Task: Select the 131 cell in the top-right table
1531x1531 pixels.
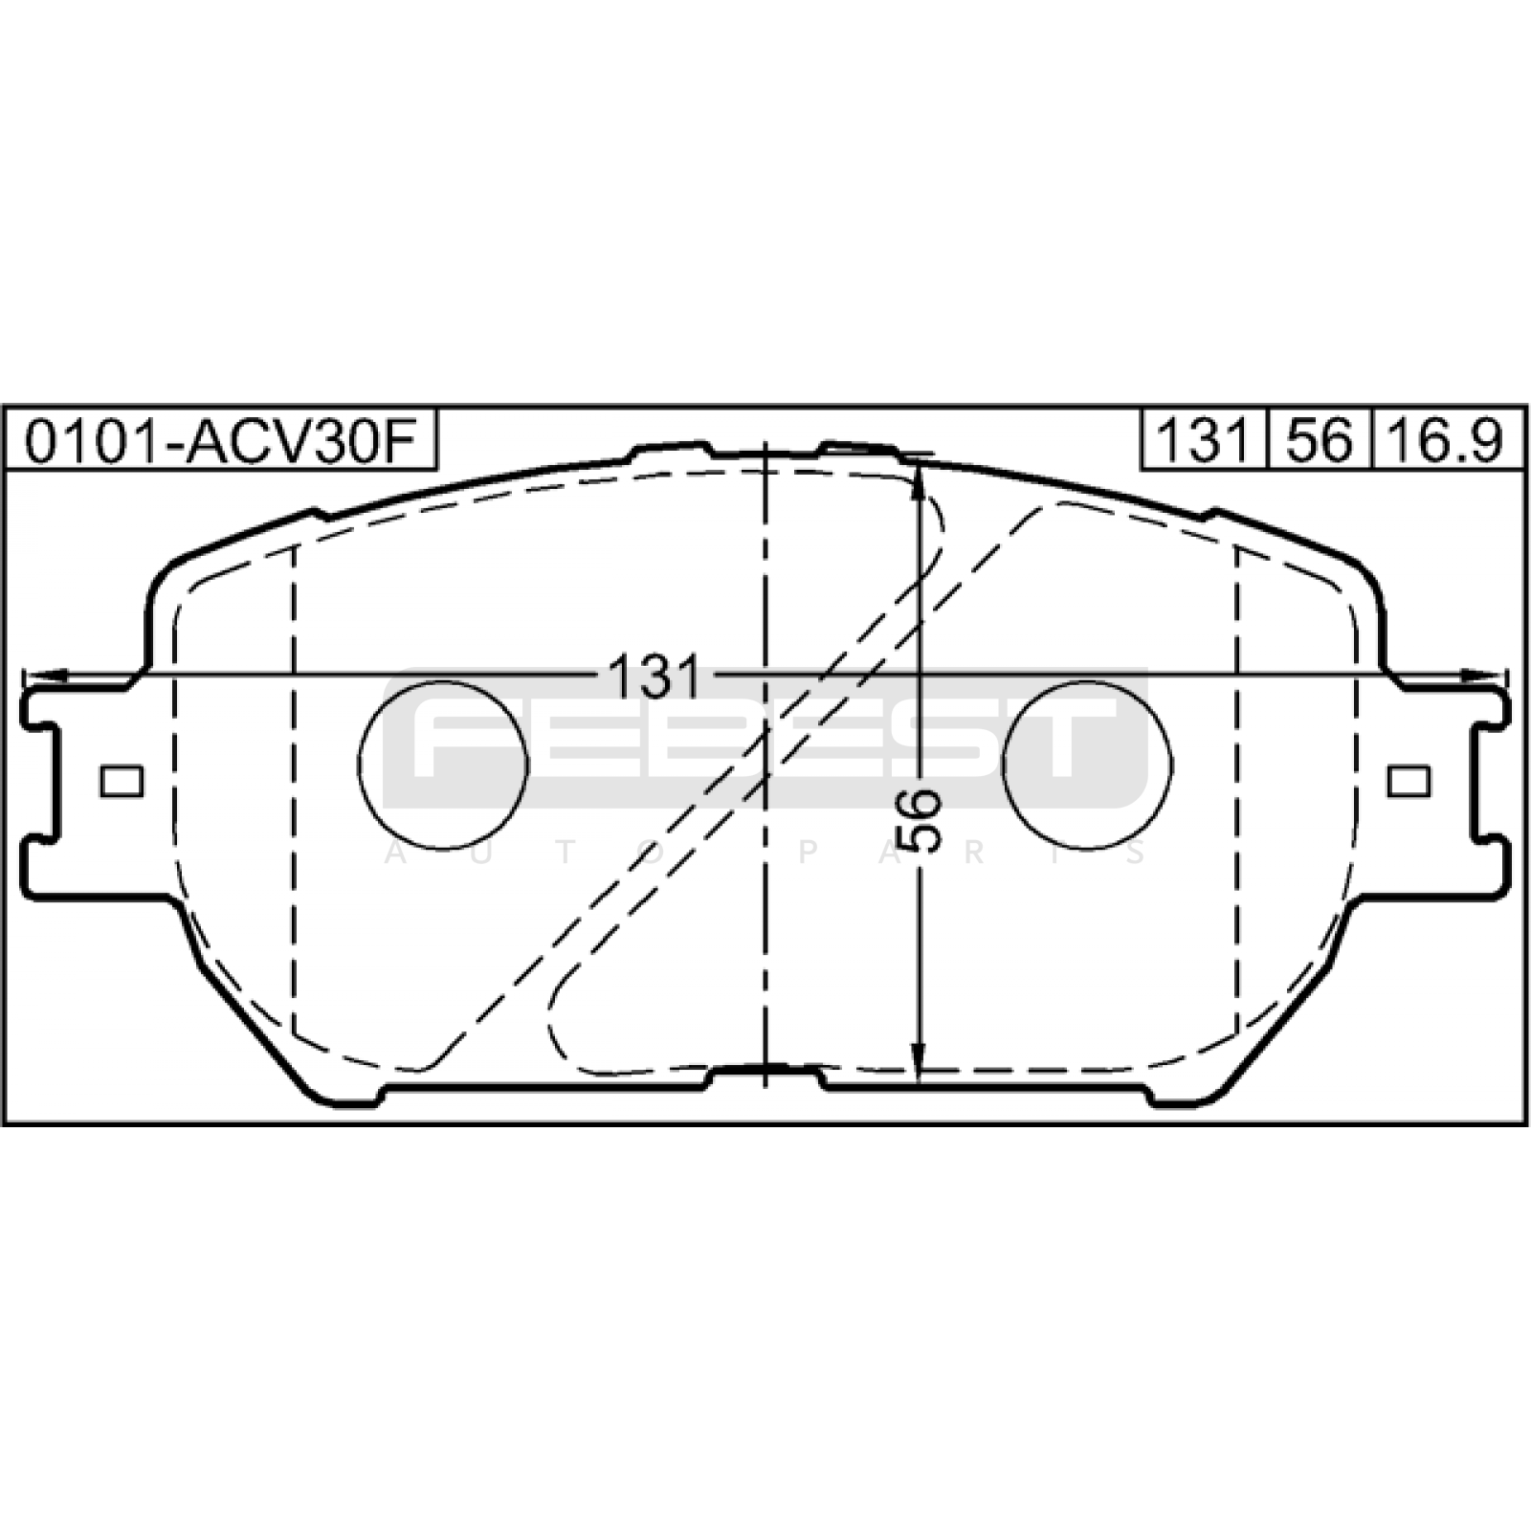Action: click(1204, 440)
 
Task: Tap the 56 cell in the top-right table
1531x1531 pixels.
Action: click(1320, 440)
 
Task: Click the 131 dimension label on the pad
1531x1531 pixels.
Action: click(655, 677)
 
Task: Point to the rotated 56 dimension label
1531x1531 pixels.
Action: click(921, 820)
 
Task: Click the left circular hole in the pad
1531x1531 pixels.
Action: click(443, 765)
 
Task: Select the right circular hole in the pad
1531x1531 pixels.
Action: click(1088, 765)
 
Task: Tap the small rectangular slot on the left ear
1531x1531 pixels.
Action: click(122, 782)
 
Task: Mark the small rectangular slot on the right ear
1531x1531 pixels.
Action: click(1409, 782)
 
